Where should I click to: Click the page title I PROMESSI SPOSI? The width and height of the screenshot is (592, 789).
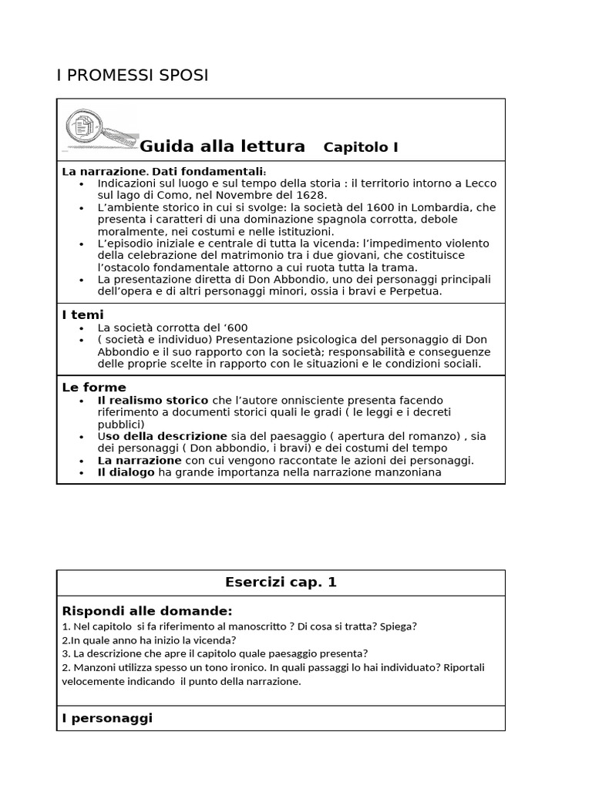coord(133,76)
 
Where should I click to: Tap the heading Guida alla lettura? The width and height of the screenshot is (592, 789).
coord(222,146)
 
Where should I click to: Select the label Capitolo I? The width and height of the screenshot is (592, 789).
coord(361,147)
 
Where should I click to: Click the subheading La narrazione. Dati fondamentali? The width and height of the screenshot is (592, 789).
coord(163,171)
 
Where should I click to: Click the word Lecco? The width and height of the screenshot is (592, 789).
coord(479,183)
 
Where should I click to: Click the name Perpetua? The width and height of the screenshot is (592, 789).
coord(418,291)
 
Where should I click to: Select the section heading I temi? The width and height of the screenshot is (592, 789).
coord(82,314)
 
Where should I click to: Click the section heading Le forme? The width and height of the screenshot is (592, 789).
coord(93,387)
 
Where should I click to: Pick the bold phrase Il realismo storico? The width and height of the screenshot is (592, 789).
coord(153,400)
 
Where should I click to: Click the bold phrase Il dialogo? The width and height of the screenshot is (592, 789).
coord(126,472)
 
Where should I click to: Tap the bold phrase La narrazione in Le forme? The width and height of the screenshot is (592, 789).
coord(140,460)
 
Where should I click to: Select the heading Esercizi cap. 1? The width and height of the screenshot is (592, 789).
coord(281,583)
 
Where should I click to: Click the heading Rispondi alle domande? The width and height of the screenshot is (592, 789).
coord(146,611)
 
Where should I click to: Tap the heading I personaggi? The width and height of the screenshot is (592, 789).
coord(107,717)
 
